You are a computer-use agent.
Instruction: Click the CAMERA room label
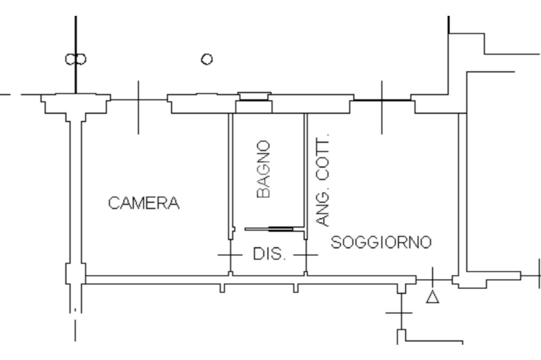(144, 203)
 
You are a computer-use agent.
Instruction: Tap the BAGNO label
(264, 169)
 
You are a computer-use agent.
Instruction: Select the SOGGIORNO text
(381, 242)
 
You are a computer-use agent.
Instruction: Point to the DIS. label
(269, 254)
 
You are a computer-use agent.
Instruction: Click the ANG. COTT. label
(323, 179)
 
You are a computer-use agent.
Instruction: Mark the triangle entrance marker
(433, 297)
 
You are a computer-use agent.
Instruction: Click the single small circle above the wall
(207, 59)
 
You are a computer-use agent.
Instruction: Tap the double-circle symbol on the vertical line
(76, 59)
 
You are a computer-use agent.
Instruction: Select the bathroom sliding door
(269, 229)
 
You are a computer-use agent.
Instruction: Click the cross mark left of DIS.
(230, 255)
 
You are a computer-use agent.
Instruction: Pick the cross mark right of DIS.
(306, 255)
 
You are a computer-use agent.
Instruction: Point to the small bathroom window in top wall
(254, 96)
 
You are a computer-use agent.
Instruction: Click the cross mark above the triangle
(433, 280)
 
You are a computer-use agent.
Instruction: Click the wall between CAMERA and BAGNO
(231, 176)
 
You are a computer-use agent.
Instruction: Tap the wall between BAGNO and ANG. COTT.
(305, 176)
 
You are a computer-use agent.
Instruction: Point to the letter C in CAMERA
(114, 203)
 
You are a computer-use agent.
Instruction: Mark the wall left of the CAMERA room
(76, 193)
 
